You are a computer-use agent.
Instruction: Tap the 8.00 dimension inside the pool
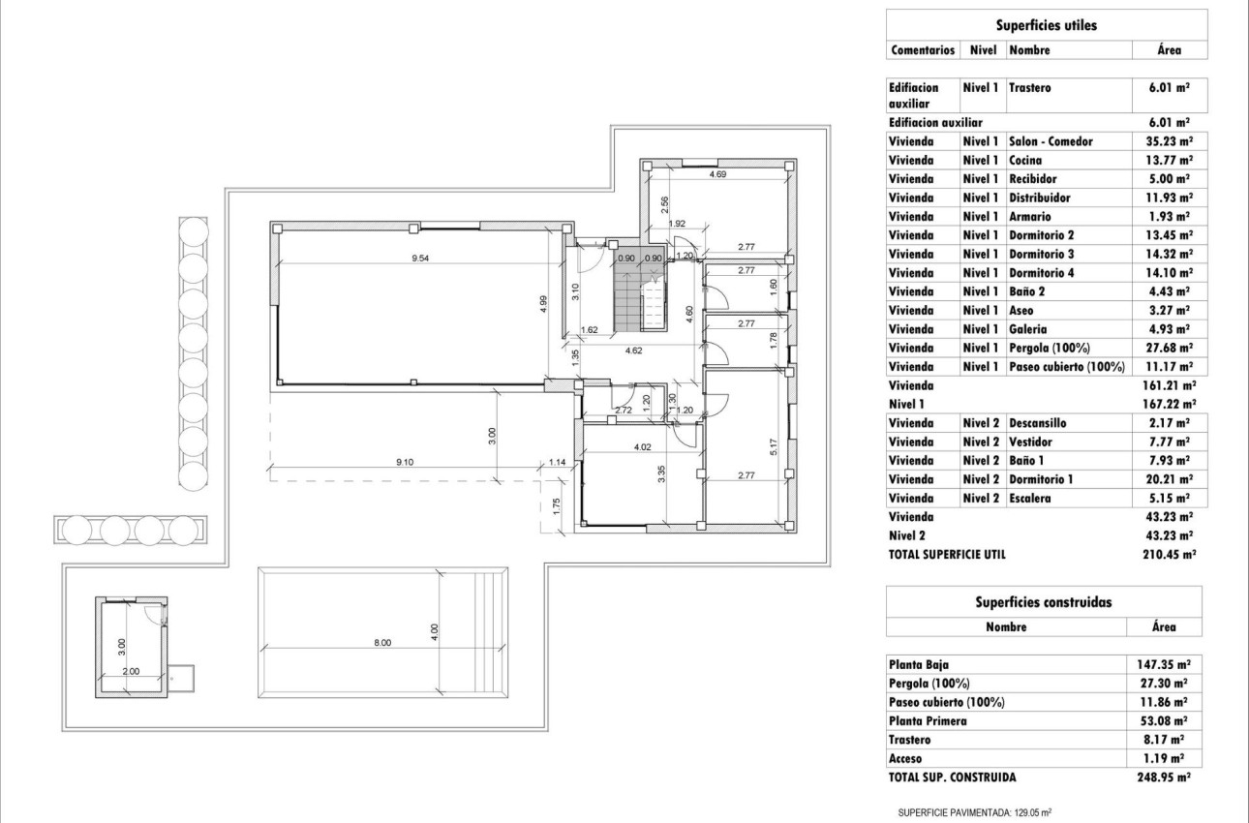(x=382, y=643)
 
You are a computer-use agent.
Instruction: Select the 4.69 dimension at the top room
(x=717, y=174)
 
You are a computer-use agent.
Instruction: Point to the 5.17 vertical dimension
(x=772, y=446)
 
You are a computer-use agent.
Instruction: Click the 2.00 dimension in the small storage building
(x=132, y=671)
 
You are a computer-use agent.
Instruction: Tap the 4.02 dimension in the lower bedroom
(x=641, y=446)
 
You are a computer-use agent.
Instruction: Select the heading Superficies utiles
(x=1046, y=26)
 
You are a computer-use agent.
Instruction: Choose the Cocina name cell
(x=1025, y=160)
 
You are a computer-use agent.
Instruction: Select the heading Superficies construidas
(x=1044, y=602)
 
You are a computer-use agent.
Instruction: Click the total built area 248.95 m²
(x=1164, y=777)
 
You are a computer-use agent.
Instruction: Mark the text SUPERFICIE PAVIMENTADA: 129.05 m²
(x=975, y=813)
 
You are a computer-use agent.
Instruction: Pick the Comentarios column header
(x=922, y=49)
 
